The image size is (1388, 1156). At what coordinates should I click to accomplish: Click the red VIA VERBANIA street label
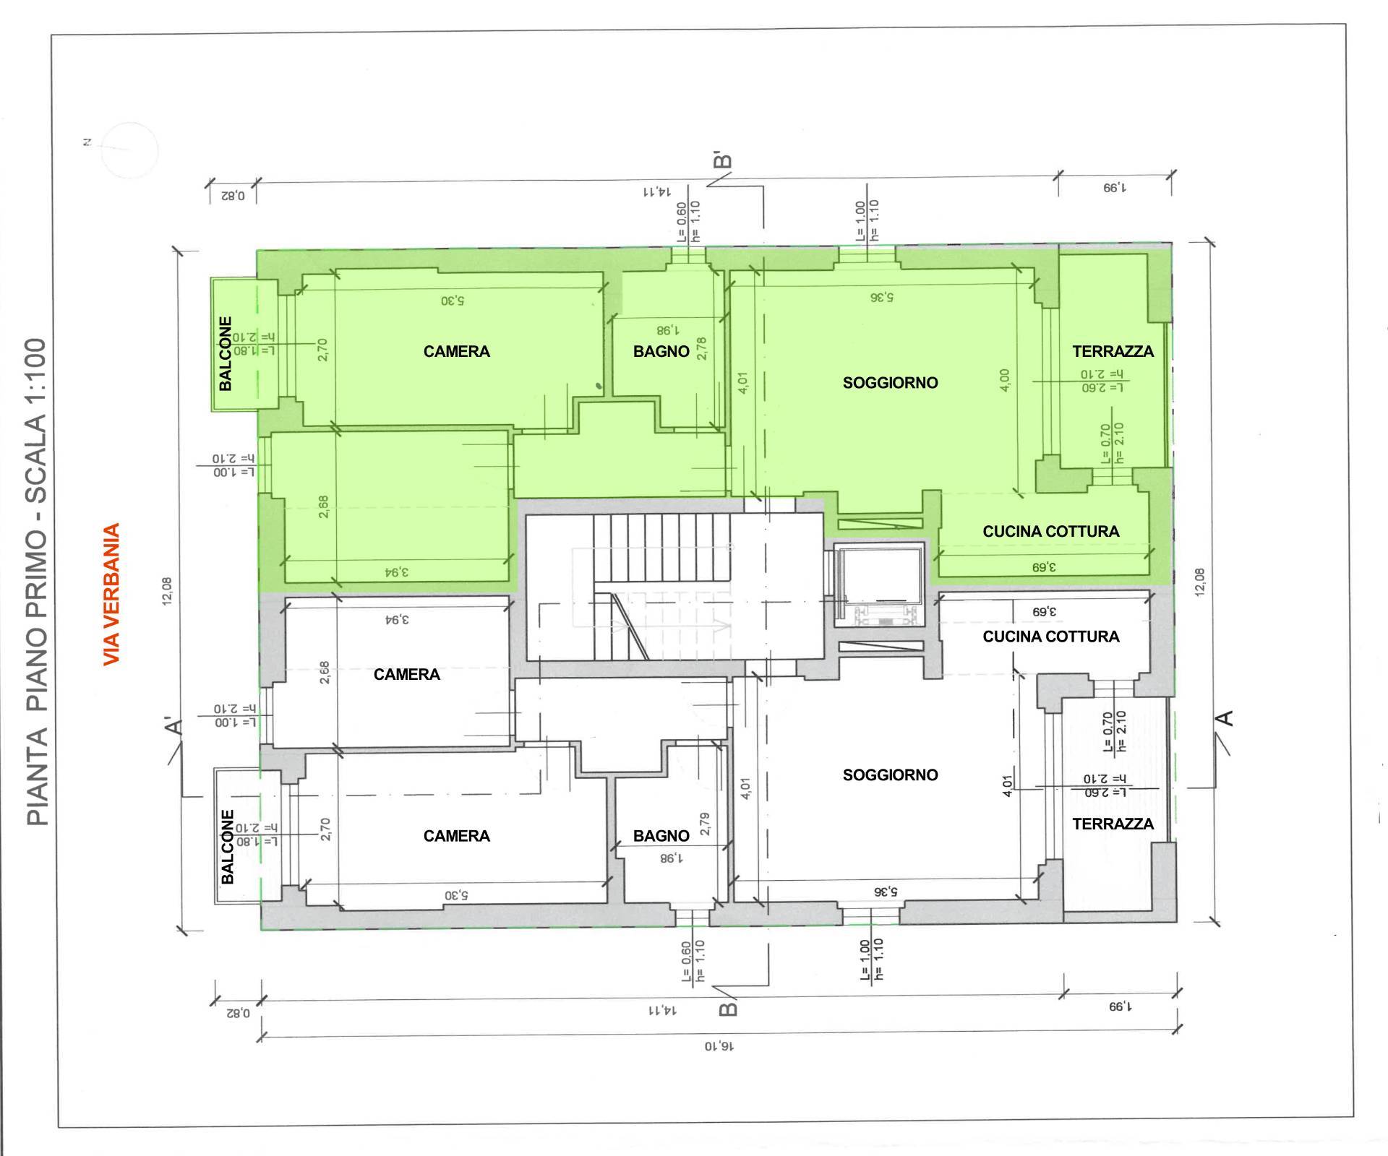111,594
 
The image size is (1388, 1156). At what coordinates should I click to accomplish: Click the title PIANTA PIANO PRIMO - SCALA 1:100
36,582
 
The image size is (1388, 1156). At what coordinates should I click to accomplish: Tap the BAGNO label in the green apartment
661,352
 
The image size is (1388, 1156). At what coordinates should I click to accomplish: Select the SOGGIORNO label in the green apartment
890,383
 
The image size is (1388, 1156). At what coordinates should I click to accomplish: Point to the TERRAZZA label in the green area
1113,352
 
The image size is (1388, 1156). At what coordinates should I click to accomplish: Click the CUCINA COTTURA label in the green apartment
1050,532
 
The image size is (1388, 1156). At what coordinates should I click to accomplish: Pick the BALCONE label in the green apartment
226,353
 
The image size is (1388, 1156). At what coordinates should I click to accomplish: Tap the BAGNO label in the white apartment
661,836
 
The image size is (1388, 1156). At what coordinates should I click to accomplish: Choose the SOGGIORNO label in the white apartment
890,775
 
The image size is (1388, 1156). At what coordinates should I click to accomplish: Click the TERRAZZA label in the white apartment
1113,824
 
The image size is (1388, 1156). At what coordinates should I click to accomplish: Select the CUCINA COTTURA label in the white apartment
1050,637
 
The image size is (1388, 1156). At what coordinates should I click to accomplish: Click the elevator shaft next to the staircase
878,584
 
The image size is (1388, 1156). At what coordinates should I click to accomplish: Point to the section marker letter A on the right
1226,718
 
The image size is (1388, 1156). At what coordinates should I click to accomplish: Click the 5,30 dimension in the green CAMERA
453,299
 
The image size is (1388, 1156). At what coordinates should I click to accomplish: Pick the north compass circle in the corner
129,150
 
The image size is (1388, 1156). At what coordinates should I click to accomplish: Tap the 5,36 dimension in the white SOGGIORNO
883,892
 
